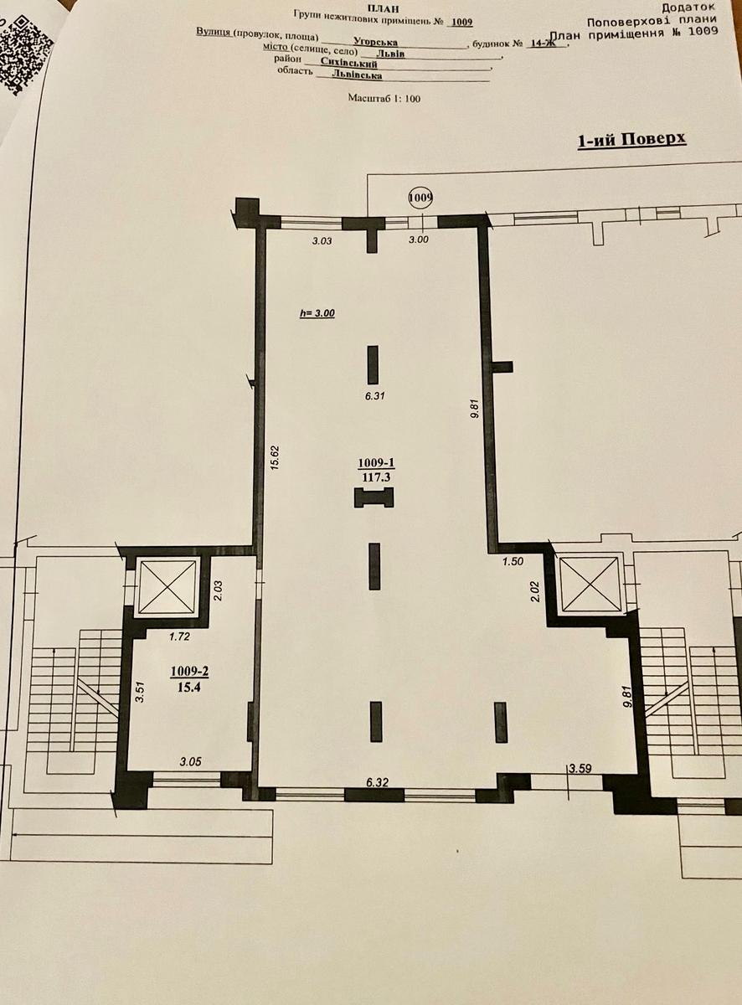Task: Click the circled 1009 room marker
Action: tap(420, 198)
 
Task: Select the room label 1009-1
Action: tap(376, 463)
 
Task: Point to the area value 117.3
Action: tap(376, 477)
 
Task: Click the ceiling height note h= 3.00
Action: tap(317, 312)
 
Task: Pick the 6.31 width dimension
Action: tap(374, 395)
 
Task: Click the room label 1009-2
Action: tap(189, 672)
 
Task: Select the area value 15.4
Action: tap(189, 687)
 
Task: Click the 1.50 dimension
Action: tap(513, 562)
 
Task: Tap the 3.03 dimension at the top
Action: tap(322, 241)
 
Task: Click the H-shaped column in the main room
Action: tap(374, 497)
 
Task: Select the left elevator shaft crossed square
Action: tap(168, 587)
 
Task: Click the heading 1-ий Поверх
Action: tap(631, 140)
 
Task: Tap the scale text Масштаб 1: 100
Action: tap(384, 98)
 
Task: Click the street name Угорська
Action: tap(376, 42)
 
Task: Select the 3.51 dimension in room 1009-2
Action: tap(141, 693)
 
